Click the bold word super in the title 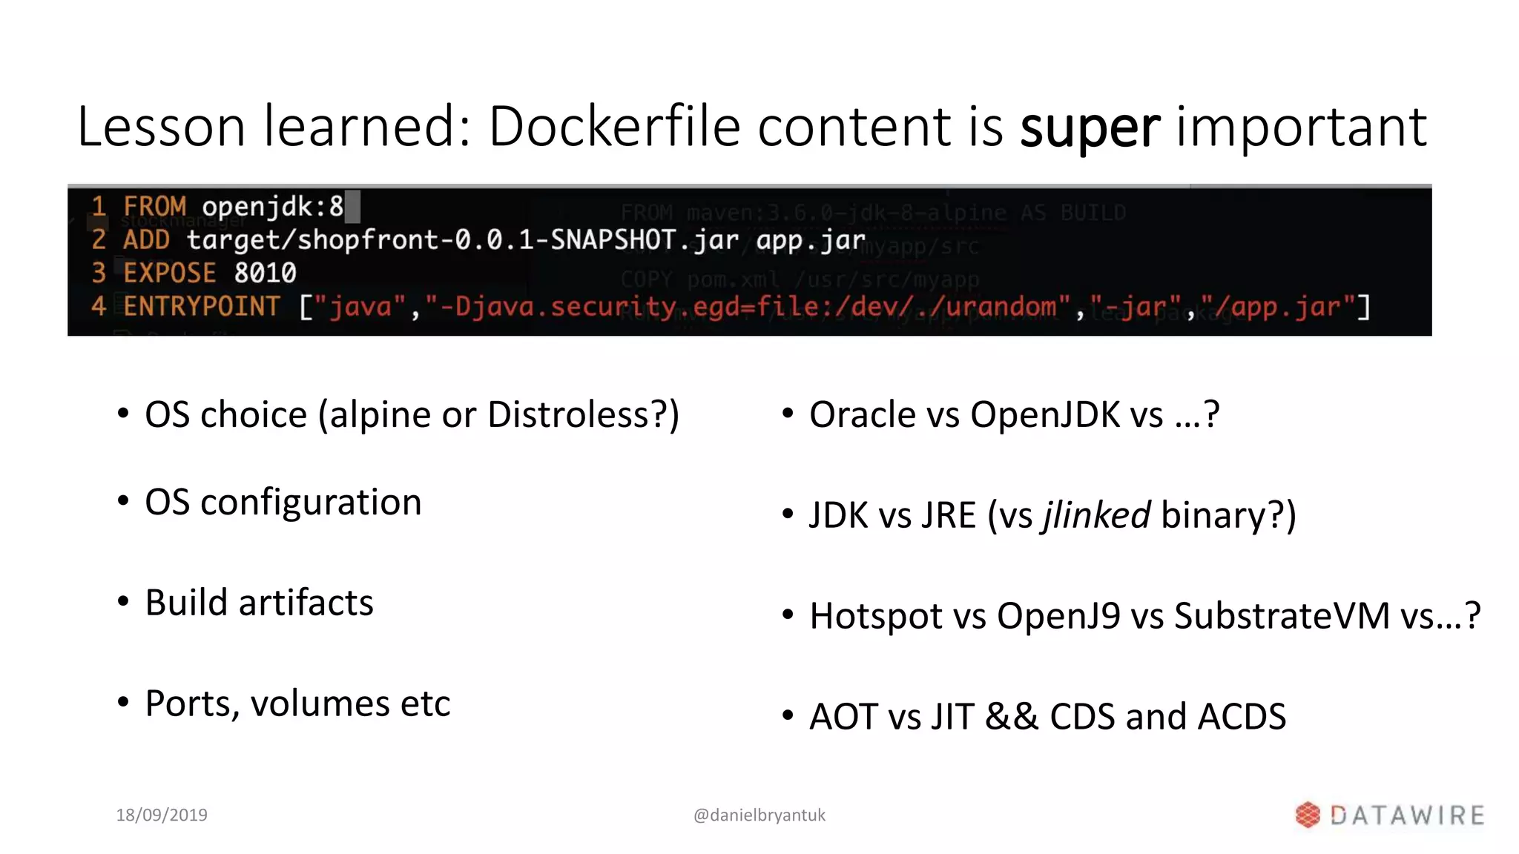pos(1090,128)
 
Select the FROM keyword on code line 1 pos(154,206)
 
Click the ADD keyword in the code pos(146,239)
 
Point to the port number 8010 pos(265,273)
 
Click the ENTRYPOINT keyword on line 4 pos(201,306)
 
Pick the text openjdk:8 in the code pos(272,206)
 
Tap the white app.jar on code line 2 pos(810,239)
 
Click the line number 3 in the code pos(99,273)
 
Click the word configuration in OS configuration pos(311,503)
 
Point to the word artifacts pos(306,603)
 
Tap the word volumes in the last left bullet pos(320,704)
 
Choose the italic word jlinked pos(1097,515)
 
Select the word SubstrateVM pos(1282,616)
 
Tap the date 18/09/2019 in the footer pos(162,815)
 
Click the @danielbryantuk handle pos(759,815)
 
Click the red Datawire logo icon pos(1308,815)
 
